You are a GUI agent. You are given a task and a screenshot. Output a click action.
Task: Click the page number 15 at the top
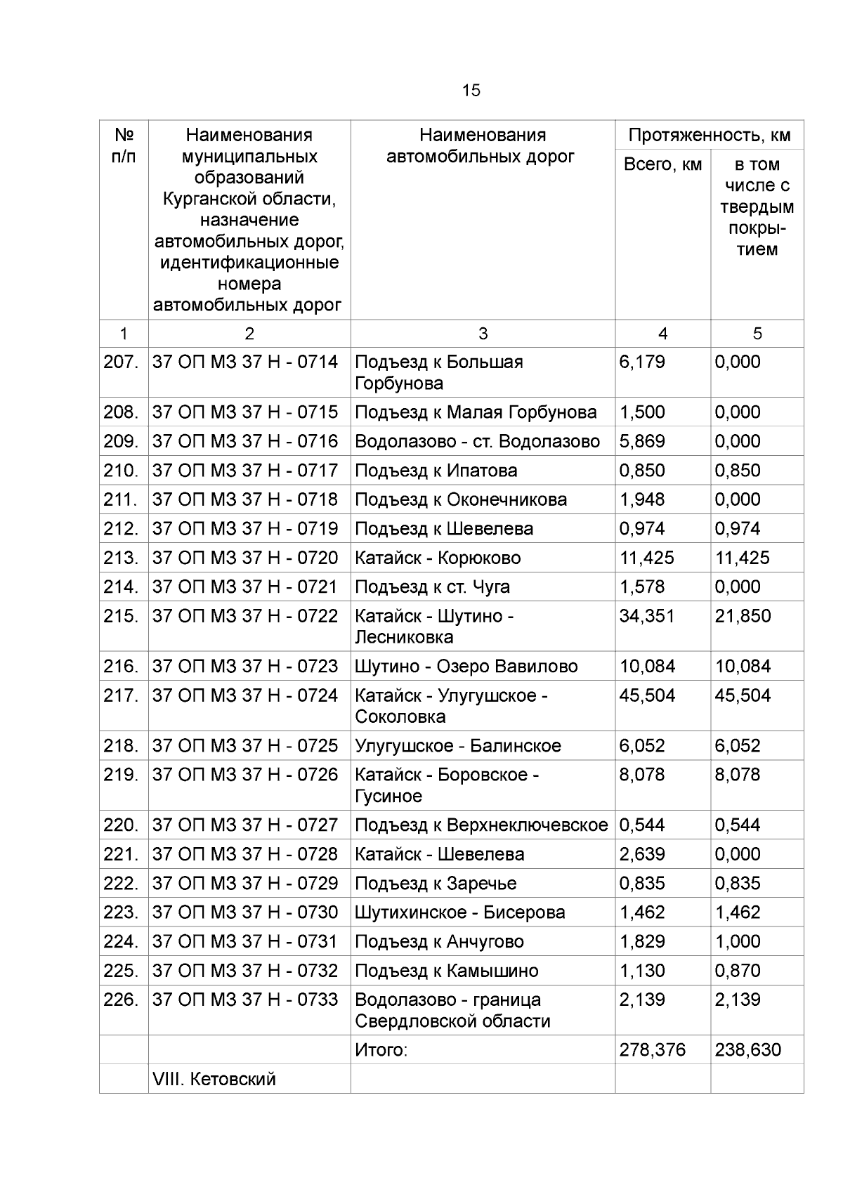point(471,91)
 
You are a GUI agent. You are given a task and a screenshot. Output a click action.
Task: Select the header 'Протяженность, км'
point(710,136)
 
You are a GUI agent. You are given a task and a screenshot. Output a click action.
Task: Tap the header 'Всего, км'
point(662,165)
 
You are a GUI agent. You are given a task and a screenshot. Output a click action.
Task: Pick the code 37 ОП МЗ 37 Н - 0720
point(245,558)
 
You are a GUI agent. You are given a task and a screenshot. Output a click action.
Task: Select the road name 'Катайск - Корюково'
point(438,558)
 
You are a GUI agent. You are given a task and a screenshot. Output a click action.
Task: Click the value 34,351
point(646,617)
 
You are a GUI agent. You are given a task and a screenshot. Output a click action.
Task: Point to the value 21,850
point(743,617)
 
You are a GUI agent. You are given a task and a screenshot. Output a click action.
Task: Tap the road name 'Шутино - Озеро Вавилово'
point(466,667)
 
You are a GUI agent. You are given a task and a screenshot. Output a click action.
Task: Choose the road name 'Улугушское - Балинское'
point(458,746)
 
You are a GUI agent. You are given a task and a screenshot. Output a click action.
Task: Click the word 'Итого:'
point(381,1051)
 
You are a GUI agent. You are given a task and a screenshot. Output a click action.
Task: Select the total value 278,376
point(652,1051)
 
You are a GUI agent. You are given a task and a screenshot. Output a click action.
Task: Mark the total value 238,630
point(747,1051)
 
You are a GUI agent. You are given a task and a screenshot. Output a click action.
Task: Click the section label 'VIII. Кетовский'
point(214,1080)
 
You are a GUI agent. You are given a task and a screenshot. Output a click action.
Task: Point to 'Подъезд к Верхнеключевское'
point(481,825)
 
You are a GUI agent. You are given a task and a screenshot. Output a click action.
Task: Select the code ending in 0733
point(245,1000)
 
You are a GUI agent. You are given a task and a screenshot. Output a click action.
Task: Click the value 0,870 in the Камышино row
point(738,971)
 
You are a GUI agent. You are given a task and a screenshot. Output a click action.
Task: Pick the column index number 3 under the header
point(483,334)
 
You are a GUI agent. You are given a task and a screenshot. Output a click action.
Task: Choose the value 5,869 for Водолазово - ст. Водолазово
point(641,442)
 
